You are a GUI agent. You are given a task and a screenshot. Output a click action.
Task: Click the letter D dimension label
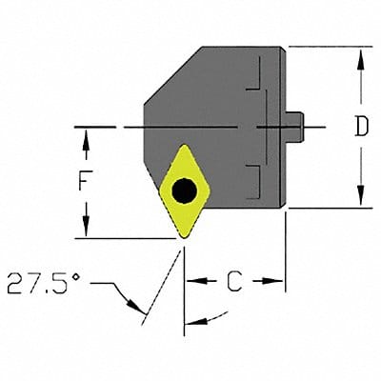tap(360, 127)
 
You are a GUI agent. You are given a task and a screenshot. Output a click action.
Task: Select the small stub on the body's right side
tap(296, 125)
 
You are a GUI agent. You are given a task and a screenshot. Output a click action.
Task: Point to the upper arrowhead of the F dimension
tap(87, 139)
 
